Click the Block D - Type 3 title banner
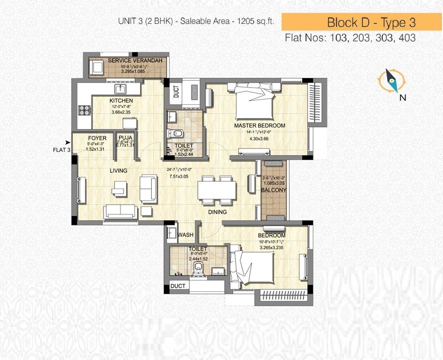pos(363,23)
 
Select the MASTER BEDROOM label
pos(259,126)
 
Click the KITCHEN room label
pos(121,100)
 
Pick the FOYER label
pos(97,138)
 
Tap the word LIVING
pos(119,171)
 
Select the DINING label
pos(219,212)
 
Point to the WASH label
pos(186,235)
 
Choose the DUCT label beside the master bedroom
pos(176,91)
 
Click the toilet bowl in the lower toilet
pos(199,269)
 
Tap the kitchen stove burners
pos(84,109)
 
